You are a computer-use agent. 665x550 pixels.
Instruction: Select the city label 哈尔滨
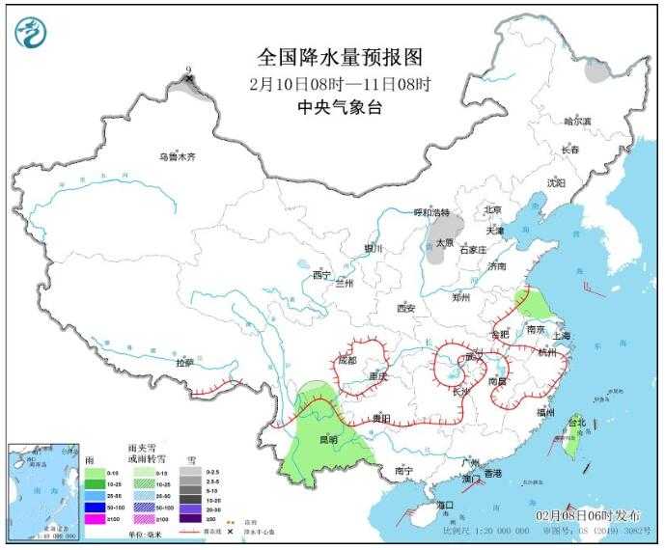coord(577,122)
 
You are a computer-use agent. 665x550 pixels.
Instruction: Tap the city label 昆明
coord(328,440)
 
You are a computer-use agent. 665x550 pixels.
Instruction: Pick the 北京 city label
coord(492,209)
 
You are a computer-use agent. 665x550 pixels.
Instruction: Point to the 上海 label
coord(562,336)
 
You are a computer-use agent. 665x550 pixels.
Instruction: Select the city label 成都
coord(346,360)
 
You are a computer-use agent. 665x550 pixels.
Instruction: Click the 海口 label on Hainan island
coord(444,505)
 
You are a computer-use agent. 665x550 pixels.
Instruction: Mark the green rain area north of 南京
coord(530,305)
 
